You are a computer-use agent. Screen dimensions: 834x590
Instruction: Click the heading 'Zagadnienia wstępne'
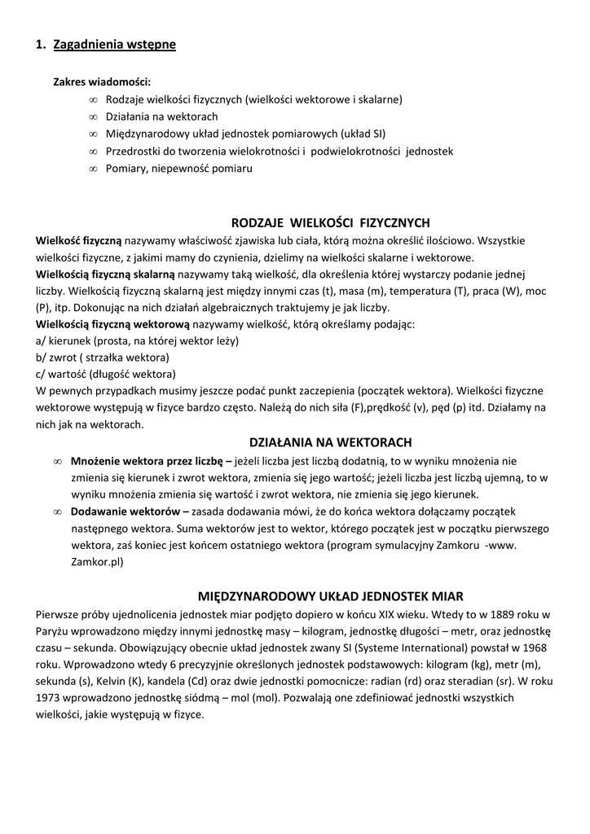(x=114, y=45)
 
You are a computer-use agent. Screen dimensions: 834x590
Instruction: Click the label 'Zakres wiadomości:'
(x=102, y=82)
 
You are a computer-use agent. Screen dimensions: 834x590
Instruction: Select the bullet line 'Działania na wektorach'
(x=161, y=116)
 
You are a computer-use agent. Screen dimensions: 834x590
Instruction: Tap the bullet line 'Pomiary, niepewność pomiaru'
(x=178, y=169)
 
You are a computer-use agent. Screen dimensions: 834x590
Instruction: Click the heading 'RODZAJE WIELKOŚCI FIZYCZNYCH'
(x=330, y=223)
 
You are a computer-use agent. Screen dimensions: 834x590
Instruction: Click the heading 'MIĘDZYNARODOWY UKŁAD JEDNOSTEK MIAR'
(x=331, y=596)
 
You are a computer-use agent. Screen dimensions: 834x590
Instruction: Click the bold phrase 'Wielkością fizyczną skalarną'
(x=105, y=274)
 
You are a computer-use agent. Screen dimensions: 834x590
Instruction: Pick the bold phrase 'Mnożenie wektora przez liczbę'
(x=147, y=460)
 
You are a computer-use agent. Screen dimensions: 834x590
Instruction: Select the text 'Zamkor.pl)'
(x=96, y=562)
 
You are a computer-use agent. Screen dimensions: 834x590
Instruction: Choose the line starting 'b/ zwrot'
(x=103, y=358)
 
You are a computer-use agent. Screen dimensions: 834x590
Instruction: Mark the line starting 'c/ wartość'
(x=106, y=375)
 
